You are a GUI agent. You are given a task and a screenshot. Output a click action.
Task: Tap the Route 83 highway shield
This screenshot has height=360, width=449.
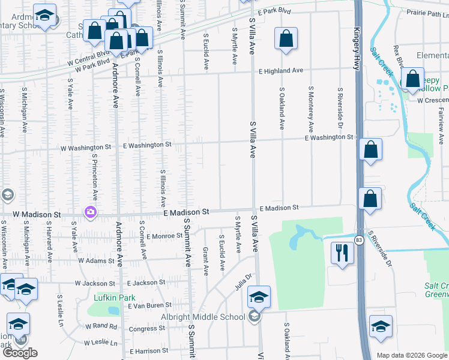358,240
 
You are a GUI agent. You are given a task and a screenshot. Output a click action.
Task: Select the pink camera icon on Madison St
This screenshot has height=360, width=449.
91,211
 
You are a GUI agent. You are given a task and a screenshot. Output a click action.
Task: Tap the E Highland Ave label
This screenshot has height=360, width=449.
281,71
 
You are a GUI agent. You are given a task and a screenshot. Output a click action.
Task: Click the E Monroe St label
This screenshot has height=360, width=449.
164,236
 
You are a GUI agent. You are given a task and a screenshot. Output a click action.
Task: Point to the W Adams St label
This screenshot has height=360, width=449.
95,261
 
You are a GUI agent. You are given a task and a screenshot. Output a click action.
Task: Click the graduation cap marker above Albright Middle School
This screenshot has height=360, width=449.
259,297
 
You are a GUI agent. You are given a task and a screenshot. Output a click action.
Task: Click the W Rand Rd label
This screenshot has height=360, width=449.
101,326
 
